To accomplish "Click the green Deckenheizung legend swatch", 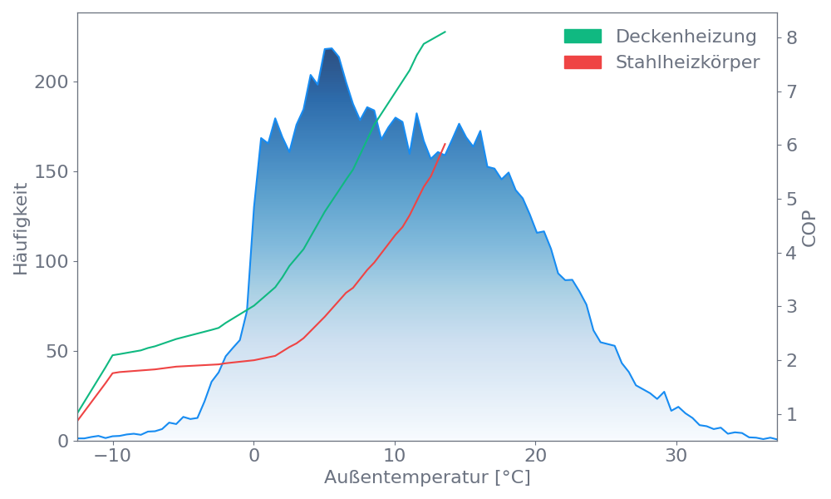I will pos(583,37).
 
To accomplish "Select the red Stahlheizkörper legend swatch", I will pos(583,62).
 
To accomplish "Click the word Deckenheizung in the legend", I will pos(686,37).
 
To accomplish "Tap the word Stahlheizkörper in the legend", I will pos(687,62).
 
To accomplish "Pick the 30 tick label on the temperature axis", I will pos(676,457).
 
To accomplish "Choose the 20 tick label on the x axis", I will pos(536,457).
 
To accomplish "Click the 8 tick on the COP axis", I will pos(792,37).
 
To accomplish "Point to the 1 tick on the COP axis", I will pos(792,414).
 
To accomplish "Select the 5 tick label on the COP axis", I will pos(792,199).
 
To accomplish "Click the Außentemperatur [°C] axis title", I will pos(427,478).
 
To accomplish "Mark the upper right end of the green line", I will pos(445,32).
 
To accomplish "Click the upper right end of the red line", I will pos(445,143).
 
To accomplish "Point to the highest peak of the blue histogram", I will pos(328,49).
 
